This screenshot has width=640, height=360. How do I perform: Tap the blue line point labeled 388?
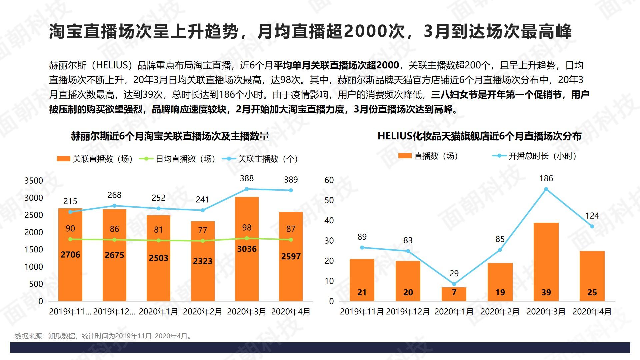[247, 189]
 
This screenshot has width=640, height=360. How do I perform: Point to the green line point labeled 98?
[247, 238]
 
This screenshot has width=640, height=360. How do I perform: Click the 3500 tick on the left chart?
[34, 181]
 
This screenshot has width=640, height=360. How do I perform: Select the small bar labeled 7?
[454, 294]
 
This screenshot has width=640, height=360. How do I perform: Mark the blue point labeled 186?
[546, 189]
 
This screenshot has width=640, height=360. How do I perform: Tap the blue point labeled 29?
[454, 284]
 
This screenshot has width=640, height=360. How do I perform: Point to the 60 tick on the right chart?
[329, 180]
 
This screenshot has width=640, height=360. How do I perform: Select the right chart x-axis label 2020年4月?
[592, 312]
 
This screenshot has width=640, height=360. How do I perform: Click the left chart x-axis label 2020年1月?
[158, 312]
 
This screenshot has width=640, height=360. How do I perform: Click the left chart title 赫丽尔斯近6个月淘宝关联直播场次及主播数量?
[170, 136]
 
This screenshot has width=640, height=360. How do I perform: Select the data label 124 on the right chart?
[592, 216]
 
